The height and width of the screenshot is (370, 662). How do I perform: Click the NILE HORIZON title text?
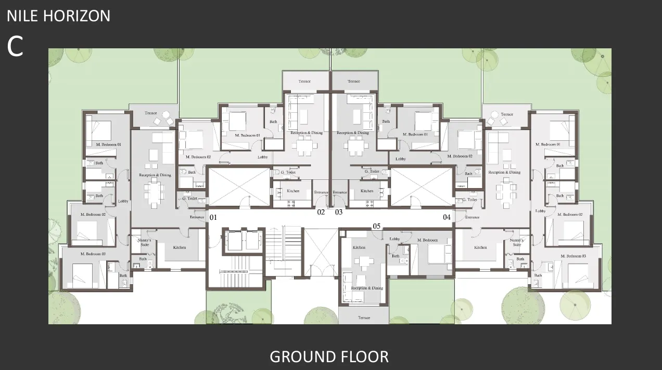tap(58, 16)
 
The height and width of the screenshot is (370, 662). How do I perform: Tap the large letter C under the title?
tap(15, 46)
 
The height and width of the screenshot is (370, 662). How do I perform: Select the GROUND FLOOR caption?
tap(329, 357)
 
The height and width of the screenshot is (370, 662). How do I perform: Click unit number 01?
tap(212, 217)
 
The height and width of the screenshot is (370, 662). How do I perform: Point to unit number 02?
tap(321, 212)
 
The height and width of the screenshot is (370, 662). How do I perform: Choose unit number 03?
tap(339, 212)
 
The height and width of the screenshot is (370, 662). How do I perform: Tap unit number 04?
tap(447, 217)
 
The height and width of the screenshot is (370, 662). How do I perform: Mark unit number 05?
tap(376, 226)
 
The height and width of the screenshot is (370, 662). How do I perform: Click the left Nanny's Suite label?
tap(144, 242)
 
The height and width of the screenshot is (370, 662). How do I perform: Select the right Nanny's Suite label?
tap(516, 242)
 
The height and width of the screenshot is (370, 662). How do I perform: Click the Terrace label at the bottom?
tap(364, 318)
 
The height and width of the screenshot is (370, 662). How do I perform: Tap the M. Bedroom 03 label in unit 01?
tap(94, 254)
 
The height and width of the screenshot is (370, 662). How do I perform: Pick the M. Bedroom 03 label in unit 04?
tap(574, 256)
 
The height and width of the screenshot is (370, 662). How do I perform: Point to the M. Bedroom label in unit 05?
tap(427, 240)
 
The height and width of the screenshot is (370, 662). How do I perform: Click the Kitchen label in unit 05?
tap(359, 247)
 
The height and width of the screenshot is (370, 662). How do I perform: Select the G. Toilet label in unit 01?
tap(189, 199)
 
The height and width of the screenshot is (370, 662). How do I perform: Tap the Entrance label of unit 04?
tap(472, 217)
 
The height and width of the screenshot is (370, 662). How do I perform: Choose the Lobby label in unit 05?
tap(394, 239)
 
